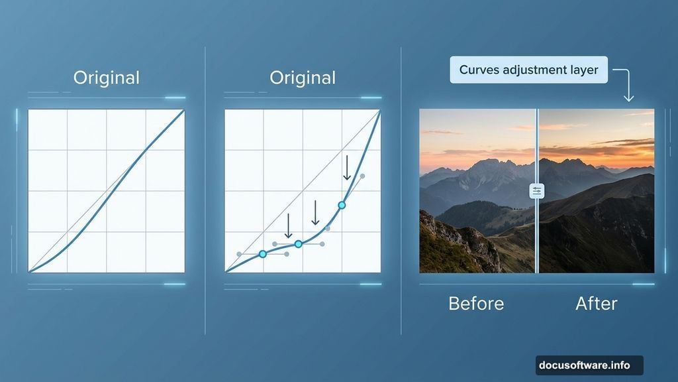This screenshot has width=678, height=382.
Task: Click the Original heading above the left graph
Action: pos(107,78)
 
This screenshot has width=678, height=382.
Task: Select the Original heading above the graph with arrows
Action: pos(303,78)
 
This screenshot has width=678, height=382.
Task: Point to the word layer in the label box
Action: pos(583,70)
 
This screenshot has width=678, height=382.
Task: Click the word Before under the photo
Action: pos(476,304)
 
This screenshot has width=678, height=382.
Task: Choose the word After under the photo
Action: pos(597,304)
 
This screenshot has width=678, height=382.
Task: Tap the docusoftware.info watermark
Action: pos(584,365)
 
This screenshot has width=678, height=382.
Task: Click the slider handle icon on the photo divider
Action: pos(537,191)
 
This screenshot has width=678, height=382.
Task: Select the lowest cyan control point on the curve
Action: pos(262,254)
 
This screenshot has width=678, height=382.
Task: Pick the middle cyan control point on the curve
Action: pos(299,244)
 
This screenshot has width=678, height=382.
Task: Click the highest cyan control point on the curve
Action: pos(342,206)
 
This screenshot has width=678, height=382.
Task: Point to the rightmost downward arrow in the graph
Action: pos(347,168)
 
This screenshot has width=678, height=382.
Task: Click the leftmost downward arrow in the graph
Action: pos(289,225)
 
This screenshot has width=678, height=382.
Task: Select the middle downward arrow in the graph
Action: pos(316,213)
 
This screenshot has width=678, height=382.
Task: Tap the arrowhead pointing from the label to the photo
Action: pos(628,97)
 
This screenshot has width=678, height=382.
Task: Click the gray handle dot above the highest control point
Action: pos(362,176)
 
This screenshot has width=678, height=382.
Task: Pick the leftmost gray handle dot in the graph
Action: pos(239,254)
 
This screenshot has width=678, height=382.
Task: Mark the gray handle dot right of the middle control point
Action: pos(322,244)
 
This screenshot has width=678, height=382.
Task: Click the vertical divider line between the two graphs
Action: pos(205,190)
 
